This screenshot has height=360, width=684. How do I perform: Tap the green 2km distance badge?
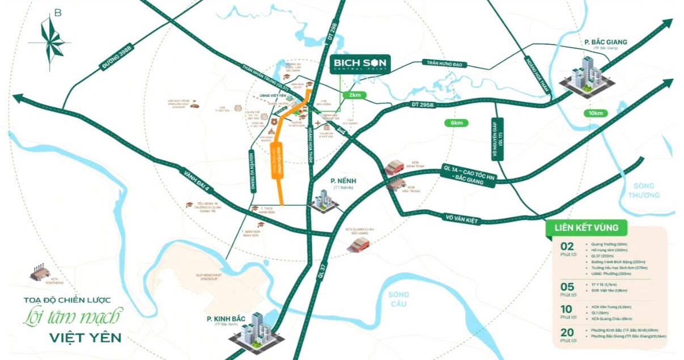point(355,95)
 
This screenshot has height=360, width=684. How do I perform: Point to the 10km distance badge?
point(596,113)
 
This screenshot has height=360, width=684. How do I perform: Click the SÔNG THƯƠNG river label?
point(644,190)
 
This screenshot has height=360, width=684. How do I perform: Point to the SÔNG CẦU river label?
point(399,299)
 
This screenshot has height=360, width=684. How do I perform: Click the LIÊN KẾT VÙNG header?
point(586,228)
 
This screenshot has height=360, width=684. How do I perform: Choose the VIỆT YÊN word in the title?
point(86,338)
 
